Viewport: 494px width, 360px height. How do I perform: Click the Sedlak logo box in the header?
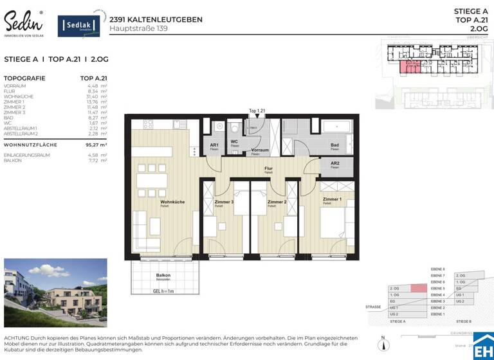coord(79,26)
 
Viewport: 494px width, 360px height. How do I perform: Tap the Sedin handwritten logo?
coord(24,23)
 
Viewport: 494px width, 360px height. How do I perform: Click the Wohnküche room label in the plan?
coord(172,202)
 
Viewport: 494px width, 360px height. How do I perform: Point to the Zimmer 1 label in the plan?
coord(331,200)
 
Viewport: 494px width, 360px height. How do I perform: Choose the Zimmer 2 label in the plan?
coord(277,202)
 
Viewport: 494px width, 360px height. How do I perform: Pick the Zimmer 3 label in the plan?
coord(224,202)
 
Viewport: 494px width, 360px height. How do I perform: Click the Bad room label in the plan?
coord(334,145)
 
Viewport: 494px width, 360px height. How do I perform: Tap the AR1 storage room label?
coord(214,145)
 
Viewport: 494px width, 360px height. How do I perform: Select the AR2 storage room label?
coord(334,164)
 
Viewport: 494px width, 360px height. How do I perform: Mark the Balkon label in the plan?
coord(163,275)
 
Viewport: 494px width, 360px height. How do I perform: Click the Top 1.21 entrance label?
coord(257,111)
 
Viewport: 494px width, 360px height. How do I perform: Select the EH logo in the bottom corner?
coord(483,346)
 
